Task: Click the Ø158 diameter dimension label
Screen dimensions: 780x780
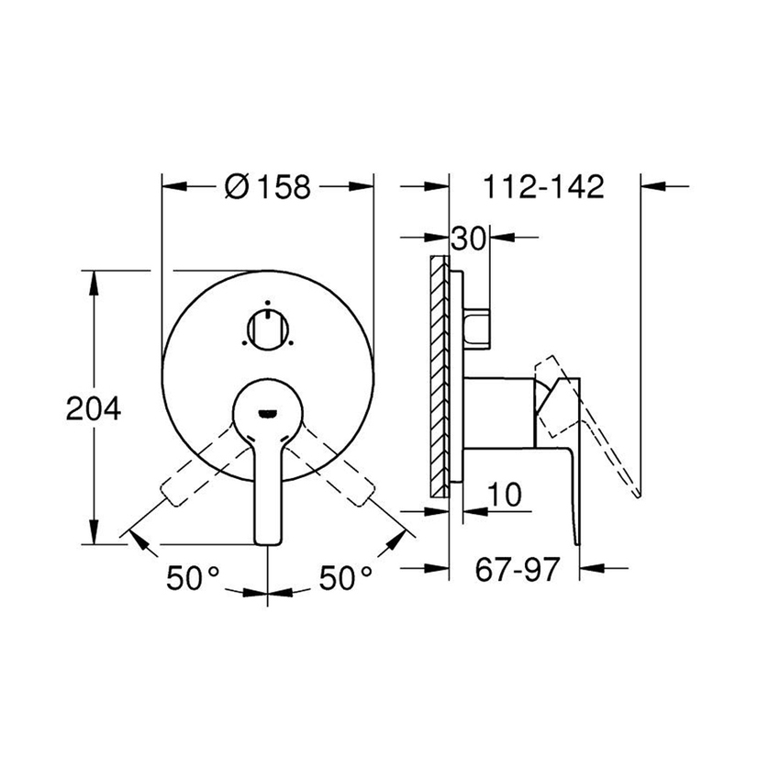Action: [x=268, y=187]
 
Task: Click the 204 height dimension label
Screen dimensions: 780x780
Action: [x=94, y=408]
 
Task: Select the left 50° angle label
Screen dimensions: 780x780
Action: [x=193, y=577]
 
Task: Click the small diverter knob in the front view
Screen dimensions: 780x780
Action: [x=267, y=329]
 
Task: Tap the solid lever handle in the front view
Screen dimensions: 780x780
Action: [x=267, y=477]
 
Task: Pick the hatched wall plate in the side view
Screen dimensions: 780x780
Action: [x=440, y=376]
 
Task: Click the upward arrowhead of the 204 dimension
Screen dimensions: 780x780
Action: [x=94, y=279]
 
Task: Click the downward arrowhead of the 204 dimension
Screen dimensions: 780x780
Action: [x=94, y=536]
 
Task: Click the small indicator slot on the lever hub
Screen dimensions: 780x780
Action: [x=267, y=412]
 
